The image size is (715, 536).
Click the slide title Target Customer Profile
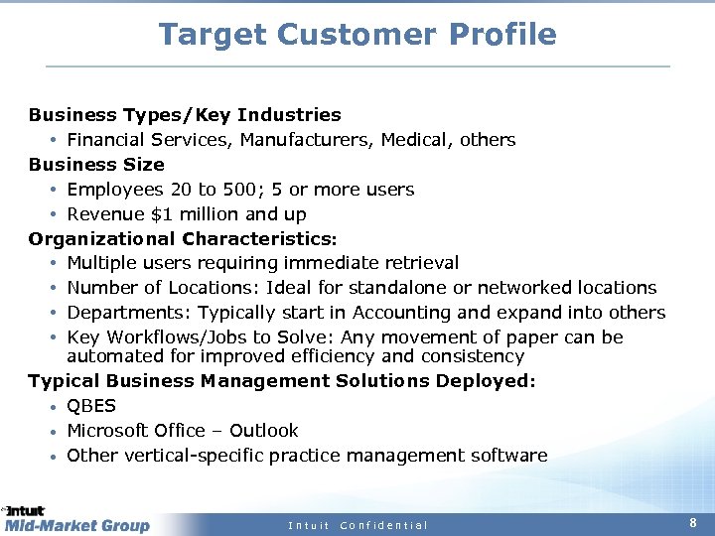click(357, 35)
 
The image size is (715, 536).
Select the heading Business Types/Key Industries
click(185, 115)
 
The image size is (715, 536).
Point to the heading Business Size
click(96, 165)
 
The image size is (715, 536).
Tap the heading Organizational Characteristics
click(183, 239)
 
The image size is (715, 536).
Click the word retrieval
click(421, 263)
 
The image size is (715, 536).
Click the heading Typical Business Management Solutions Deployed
click(281, 381)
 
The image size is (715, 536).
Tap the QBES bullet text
click(91, 406)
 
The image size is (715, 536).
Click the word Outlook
click(263, 431)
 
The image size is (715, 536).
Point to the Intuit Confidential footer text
click(357, 525)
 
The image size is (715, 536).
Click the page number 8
click(693, 523)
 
